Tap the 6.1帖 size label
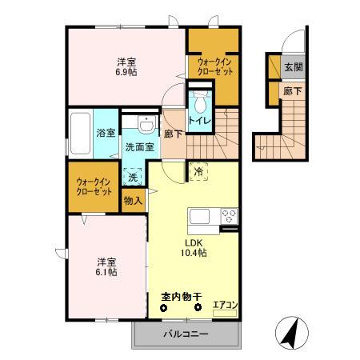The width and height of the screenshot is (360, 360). [107, 272]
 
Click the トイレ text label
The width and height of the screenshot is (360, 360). [200, 120]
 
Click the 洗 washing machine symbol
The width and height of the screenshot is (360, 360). [133, 178]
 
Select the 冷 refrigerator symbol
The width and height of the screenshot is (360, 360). [197, 170]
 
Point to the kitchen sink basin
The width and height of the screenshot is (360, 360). [199, 216]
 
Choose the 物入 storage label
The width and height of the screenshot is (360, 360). [134, 202]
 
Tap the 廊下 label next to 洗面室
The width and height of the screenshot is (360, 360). [172, 134]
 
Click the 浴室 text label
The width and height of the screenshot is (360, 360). [106, 133]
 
